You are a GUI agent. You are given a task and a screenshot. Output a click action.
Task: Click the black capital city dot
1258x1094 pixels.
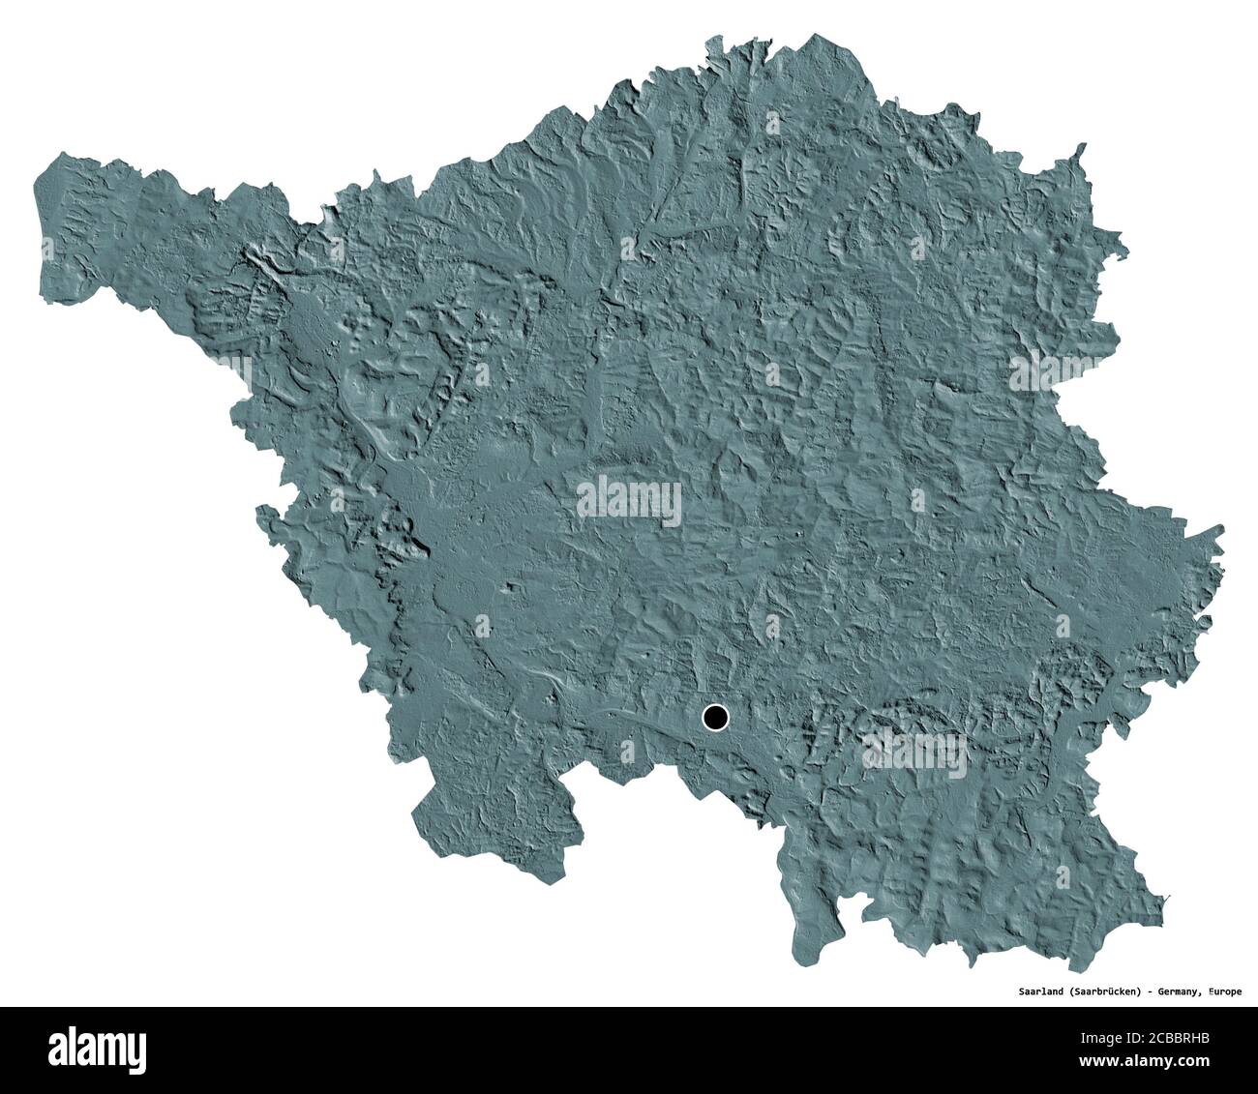[715, 718]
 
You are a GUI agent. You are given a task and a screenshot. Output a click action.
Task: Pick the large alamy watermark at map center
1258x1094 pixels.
[629, 502]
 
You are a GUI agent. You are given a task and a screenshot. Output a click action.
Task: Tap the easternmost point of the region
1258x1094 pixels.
[1221, 530]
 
